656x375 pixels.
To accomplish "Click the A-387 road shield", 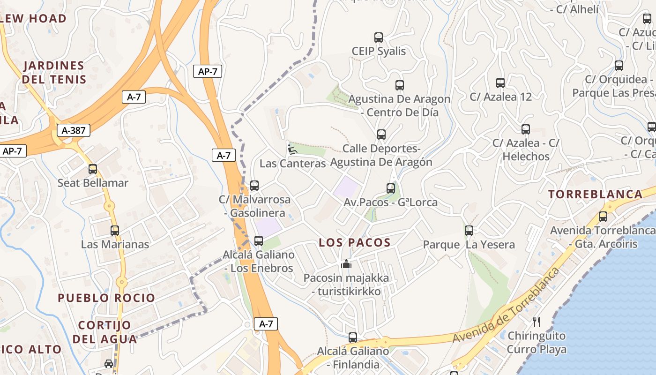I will click(x=74, y=130).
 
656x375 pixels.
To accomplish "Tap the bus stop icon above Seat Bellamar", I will click(x=93, y=169).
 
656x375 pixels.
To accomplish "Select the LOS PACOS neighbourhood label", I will click(x=354, y=242).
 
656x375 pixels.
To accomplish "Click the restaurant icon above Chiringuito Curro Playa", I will click(x=537, y=322).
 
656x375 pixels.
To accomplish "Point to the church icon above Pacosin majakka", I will click(x=346, y=264).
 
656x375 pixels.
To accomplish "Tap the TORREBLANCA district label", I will click(x=595, y=194).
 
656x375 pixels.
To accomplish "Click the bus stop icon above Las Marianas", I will click(x=115, y=231).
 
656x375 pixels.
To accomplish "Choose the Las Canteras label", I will click(x=292, y=164).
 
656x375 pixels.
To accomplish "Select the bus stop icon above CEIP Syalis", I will click(x=379, y=37).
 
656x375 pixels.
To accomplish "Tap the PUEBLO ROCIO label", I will click(x=106, y=298).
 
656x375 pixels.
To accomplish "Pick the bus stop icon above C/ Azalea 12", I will click(x=500, y=83).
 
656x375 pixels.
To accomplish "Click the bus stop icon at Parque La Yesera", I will click(x=469, y=231).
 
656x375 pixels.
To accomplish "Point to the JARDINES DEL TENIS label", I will click(x=54, y=72).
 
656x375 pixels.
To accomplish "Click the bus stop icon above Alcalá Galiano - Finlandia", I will click(x=353, y=337).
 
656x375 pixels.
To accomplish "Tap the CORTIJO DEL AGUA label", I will click(x=104, y=331).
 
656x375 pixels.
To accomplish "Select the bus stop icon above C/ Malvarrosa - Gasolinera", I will click(x=254, y=186).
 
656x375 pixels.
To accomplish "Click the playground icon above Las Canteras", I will click(x=292, y=150).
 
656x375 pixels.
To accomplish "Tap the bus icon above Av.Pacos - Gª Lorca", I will click(x=391, y=188).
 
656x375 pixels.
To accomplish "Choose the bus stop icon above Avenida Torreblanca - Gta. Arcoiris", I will click(x=603, y=217).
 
